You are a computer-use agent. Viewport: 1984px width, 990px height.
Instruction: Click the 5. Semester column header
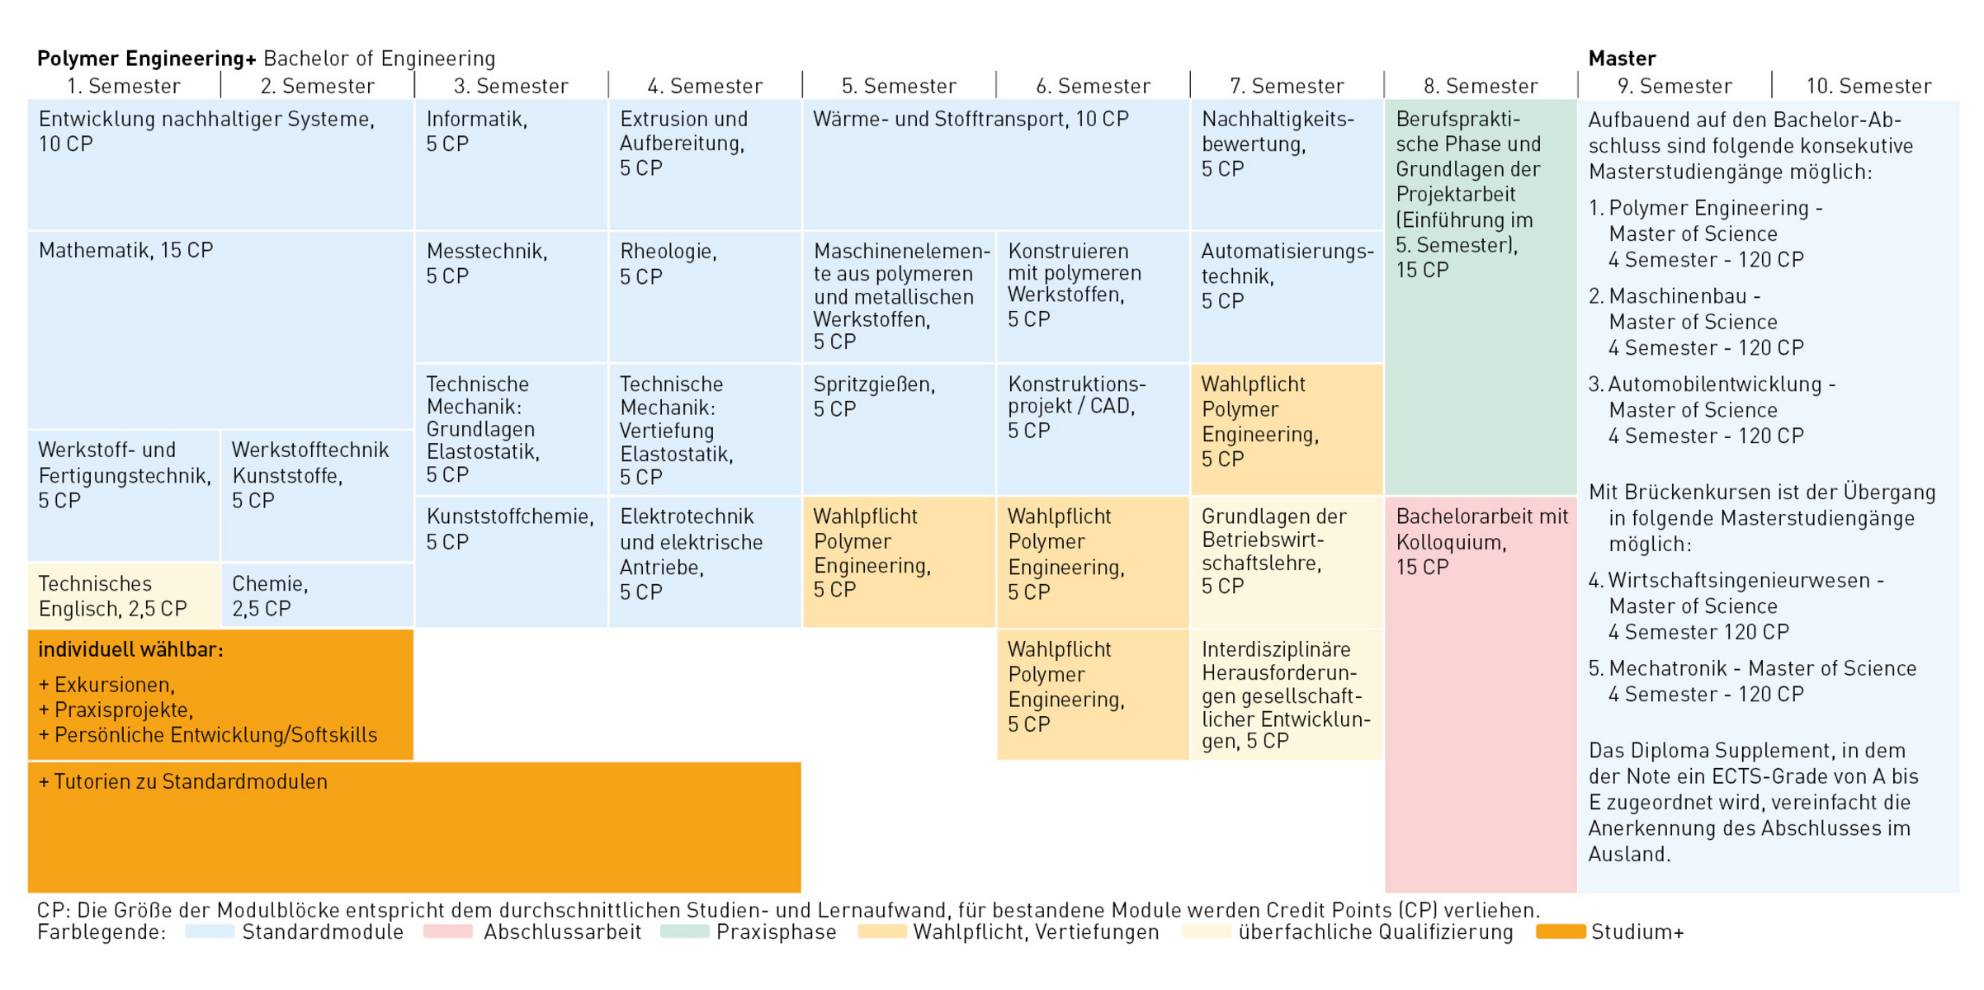(x=899, y=86)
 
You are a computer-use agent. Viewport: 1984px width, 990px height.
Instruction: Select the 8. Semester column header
(x=1481, y=86)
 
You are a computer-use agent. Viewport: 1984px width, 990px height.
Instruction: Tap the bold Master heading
(x=1622, y=59)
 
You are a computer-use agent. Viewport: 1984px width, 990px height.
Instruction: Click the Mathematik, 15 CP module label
(x=126, y=250)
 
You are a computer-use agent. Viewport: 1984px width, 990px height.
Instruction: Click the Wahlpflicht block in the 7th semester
(x=1286, y=422)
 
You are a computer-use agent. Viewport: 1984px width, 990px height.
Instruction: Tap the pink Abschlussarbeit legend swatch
(x=447, y=932)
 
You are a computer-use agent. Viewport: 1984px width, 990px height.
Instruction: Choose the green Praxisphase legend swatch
(x=685, y=932)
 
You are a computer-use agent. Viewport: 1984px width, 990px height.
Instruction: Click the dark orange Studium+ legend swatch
(x=1560, y=932)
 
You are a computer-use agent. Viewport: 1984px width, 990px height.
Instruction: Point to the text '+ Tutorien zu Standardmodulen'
(x=183, y=781)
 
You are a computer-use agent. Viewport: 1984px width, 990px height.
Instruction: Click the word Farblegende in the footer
(x=101, y=932)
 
